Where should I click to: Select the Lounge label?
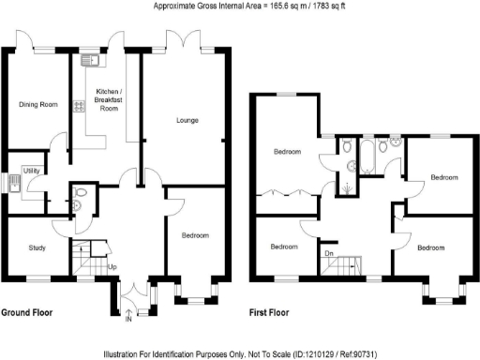pos(183,119)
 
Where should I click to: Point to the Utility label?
pos(31,171)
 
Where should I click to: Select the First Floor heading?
pos(269,311)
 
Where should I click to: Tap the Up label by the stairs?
pos(112,268)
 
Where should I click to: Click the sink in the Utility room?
pos(17,179)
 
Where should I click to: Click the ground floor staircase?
pos(90,253)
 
